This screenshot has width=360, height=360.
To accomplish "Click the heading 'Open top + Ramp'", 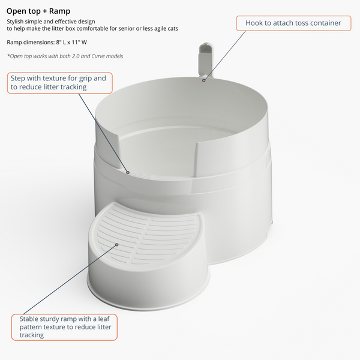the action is coord(38,11).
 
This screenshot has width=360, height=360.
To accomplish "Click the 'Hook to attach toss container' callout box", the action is coord(293,23).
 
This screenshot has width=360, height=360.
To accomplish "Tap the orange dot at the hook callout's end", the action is coord(203,80).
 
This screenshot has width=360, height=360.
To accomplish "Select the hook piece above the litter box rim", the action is coord(206,59).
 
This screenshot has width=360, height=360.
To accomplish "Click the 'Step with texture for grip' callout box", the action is coord(59,83).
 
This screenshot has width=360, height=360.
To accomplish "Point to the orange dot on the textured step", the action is coord(128,172).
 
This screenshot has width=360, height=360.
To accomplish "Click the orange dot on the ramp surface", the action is coord(117,245).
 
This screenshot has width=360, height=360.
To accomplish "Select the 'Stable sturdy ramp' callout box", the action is coord(64,327).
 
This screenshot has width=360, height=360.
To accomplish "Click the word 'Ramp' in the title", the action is coord(59,11).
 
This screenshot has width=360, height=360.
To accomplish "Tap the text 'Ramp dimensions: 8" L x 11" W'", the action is coord(47,42).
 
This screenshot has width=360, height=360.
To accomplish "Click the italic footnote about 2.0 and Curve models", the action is coord(65,56).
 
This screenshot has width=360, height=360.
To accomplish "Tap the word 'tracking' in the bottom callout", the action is coord(31,335).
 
